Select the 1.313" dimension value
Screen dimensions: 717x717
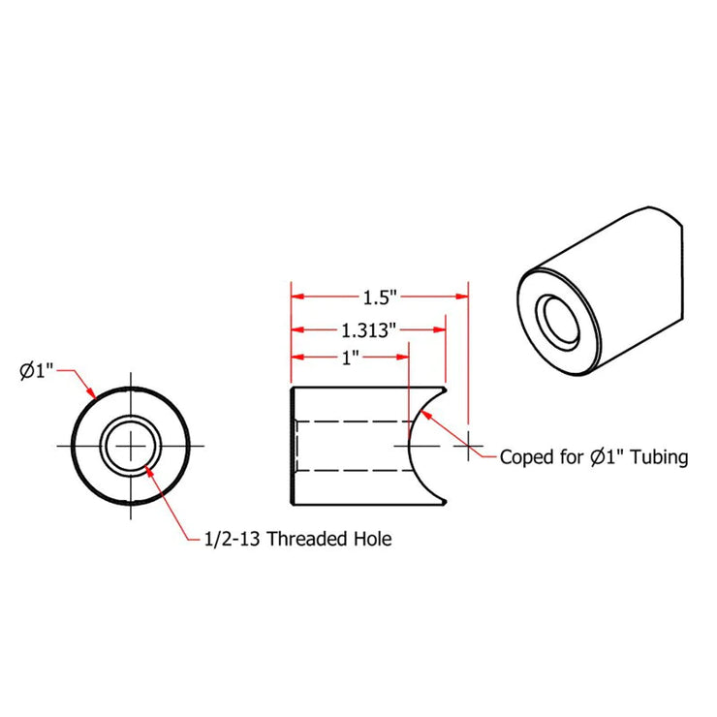coord(367,329)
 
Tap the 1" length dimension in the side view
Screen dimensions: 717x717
coord(350,357)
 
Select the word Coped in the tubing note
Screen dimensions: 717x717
coord(524,457)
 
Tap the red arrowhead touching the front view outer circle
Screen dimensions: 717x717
coord(90,394)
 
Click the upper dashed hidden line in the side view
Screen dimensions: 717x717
coord(349,421)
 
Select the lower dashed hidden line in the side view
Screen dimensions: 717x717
coord(349,471)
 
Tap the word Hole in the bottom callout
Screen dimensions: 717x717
coord(372,539)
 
